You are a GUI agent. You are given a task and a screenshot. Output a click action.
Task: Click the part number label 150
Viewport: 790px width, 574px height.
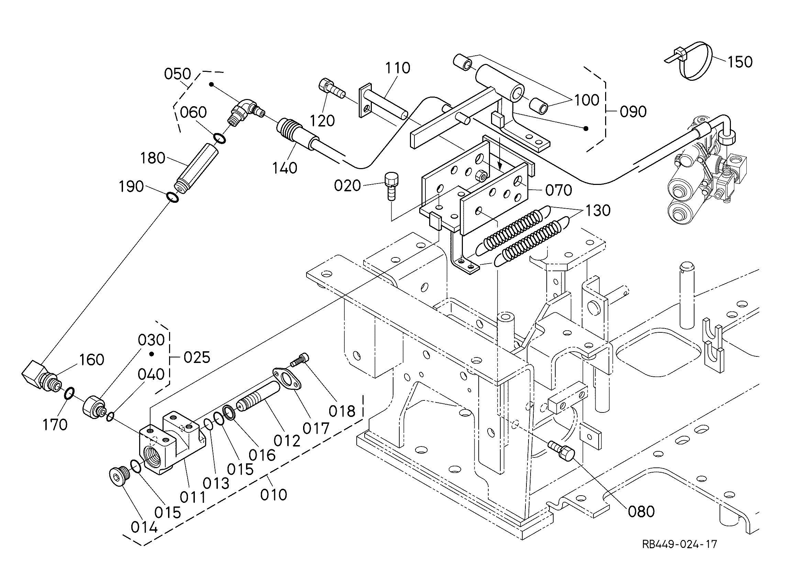click(x=739, y=62)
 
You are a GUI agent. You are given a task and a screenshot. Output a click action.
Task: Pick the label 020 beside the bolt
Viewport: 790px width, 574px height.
click(x=347, y=185)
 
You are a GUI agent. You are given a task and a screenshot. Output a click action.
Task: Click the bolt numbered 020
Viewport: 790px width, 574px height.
click(x=391, y=187)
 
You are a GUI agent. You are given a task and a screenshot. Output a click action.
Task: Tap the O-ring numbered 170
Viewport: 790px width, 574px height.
click(x=69, y=394)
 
